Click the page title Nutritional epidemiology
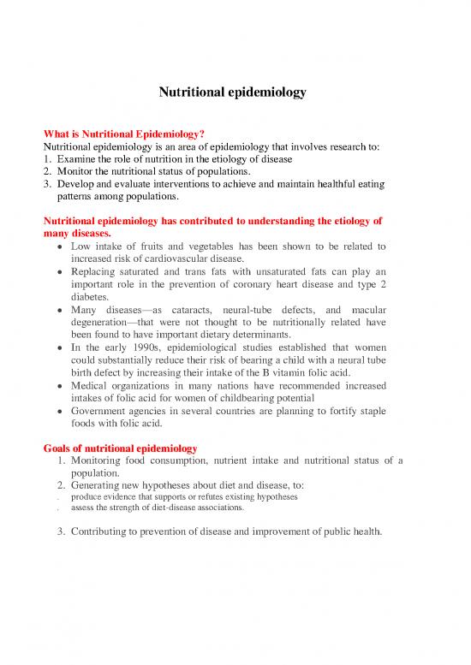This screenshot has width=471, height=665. click(x=232, y=92)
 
